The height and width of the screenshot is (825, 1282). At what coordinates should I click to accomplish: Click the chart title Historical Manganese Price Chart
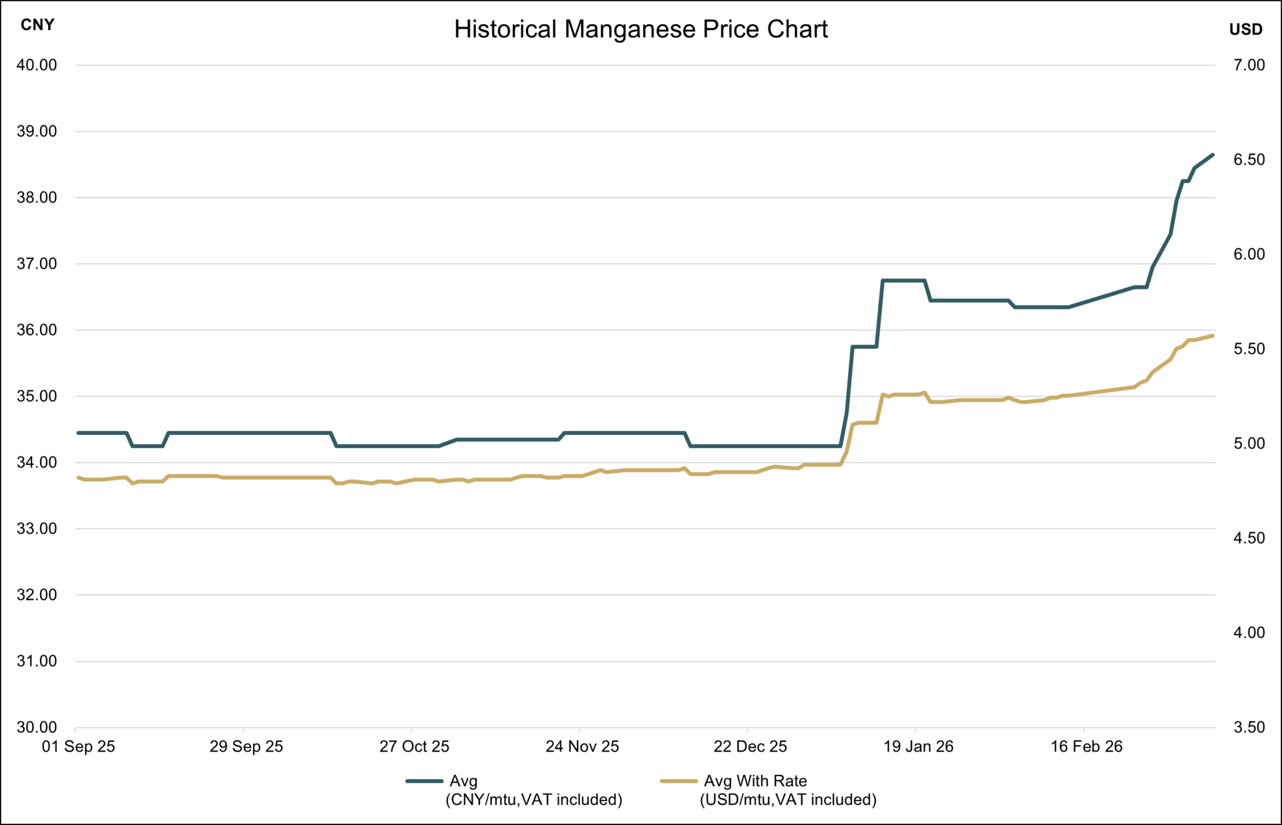coord(640,29)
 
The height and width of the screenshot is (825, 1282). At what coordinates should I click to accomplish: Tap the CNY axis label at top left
coord(37,25)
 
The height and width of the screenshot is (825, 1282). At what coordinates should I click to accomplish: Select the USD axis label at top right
coord(1245,29)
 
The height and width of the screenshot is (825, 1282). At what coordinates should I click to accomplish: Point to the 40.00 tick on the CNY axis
coord(37,65)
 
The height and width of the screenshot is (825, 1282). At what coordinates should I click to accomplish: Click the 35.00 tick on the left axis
coord(37,396)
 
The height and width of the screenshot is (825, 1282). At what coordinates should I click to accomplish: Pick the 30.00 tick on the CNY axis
coord(37,727)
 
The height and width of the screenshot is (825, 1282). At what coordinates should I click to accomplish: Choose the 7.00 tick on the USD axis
coord(1249,65)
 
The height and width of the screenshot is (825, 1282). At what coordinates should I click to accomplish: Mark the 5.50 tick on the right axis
coord(1249,349)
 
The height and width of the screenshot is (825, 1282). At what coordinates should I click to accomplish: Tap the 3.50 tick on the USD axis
coord(1249,727)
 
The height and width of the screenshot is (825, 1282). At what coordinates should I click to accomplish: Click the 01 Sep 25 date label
coord(78,747)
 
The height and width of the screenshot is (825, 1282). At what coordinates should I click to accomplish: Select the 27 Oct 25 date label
coord(414,747)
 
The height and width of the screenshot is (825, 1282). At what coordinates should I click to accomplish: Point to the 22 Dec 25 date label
coord(750,747)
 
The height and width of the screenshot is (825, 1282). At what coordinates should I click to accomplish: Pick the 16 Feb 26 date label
coord(1086,747)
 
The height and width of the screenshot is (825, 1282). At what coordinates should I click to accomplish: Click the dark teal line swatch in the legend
coord(424,781)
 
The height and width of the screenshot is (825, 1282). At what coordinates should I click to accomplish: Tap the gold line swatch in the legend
coord(678,781)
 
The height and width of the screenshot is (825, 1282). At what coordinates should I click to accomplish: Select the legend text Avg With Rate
coord(755,781)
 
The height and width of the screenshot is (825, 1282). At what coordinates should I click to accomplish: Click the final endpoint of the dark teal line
coord(1213,155)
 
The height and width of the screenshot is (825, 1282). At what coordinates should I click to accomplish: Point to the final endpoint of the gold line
coord(1213,335)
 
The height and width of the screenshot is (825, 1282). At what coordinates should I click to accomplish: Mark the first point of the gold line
coord(78,477)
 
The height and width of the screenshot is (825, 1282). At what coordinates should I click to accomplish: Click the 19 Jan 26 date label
coord(918,747)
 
